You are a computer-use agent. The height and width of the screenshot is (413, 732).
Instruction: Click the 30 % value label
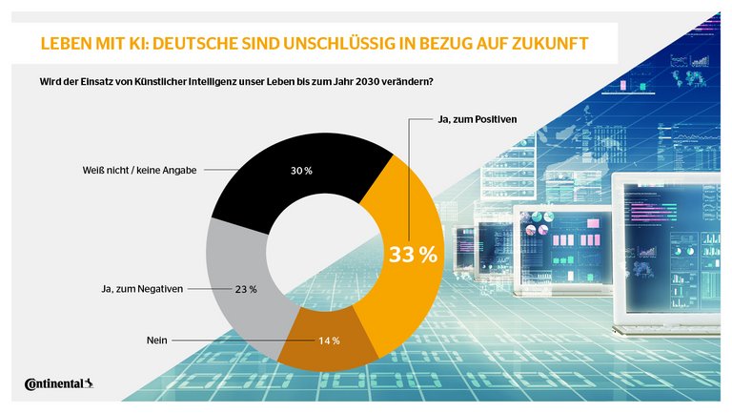[x=300, y=172]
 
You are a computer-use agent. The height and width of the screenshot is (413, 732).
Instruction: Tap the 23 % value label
[x=245, y=289]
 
